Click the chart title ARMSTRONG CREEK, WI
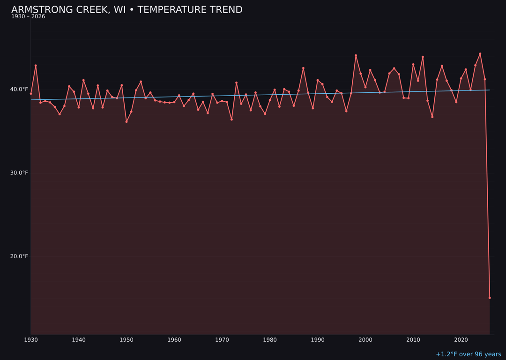[126, 10]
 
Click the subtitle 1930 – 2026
[28, 17]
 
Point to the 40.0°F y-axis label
[19, 90]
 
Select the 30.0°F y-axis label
[19, 173]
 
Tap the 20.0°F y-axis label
[19, 256]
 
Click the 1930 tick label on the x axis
[31, 340]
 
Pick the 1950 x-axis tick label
[126, 340]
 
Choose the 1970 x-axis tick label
[222, 340]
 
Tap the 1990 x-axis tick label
[318, 340]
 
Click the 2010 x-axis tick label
[413, 340]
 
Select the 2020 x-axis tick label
[461, 340]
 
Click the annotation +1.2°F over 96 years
[468, 354]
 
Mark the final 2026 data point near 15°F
[490, 298]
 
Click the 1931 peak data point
[36, 66]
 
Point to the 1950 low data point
[126, 122]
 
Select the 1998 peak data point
[356, 55]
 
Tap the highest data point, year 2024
[480, 53]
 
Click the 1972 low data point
[231, 120]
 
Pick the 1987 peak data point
[303, 68]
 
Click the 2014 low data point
[432, 117]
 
